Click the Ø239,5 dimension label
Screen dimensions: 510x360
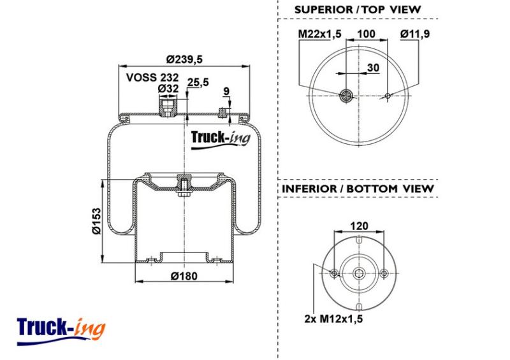coord(184,59)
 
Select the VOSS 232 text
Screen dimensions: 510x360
coord(152,77)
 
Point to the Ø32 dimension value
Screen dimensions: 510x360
coord(168,89)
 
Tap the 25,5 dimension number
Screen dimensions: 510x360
coord(198,83)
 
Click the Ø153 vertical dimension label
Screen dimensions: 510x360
coord(97,221)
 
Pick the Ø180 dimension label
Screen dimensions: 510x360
coord(184,276)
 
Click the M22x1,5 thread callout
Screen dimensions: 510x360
coord(320,34)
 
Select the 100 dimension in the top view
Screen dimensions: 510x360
coord(366,34)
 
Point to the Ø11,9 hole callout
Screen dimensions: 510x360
coord(415,34)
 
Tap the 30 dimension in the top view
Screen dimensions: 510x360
coord(373,68)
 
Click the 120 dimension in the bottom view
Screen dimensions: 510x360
coord(359,226)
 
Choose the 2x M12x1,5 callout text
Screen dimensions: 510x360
coord(333,319)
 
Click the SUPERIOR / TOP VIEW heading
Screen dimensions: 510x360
coord(358,10)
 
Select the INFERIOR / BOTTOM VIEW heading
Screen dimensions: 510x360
coord(358,189)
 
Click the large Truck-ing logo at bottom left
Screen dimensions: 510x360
coord(61,331)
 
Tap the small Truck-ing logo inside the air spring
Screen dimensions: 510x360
coord(221,139)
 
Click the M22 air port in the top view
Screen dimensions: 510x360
coord(346,96)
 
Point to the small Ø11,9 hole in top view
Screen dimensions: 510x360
coord(388,96)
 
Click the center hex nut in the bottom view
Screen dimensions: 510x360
coord(359,273)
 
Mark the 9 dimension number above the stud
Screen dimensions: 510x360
coord(227,91)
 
